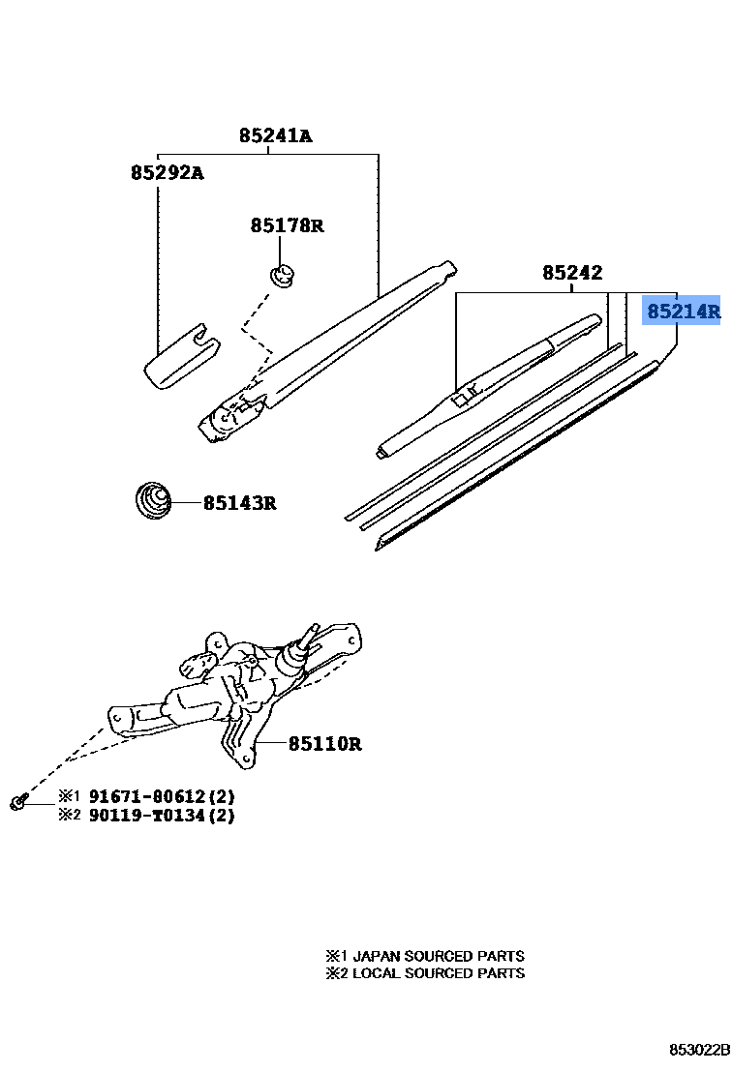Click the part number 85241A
tap(275, 136)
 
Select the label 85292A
tap(167, 173)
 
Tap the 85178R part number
tap(287, 225)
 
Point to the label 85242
tap(571, 273)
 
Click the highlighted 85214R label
tap(683, 312)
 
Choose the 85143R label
tap(239, 503)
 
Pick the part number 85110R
tap(324, 744)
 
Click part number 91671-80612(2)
tap(162, 796)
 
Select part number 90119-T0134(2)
tap(162, 815)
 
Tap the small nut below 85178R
tap(282, 276)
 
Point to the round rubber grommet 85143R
tap(151, 501)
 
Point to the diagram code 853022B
tap(697, 1050)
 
